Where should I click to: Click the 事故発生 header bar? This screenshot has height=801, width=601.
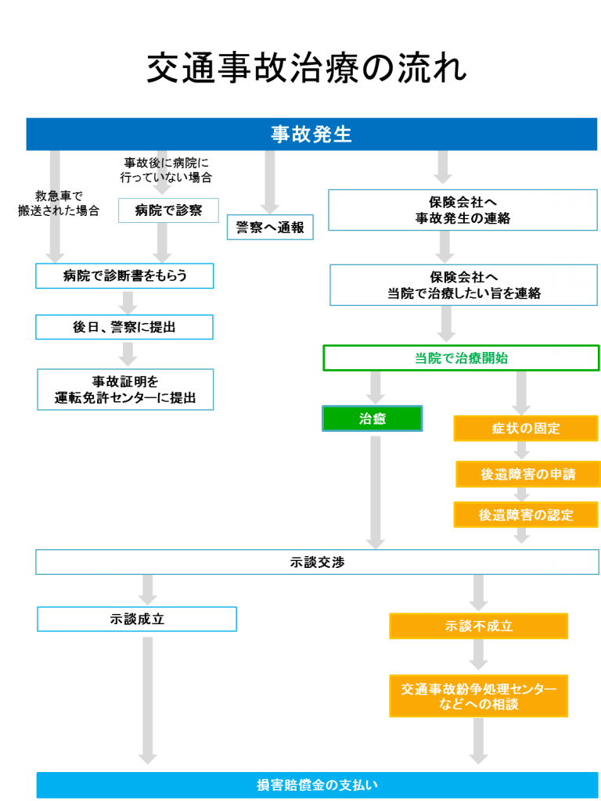pos(311,134)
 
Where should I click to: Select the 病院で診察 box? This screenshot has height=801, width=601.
pos(168,210)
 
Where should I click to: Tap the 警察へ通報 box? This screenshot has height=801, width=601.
pos(270,227)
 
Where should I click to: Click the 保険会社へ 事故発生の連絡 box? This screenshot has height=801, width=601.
pos(462,210)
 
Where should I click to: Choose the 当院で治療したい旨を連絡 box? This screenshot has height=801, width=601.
pos(463,285)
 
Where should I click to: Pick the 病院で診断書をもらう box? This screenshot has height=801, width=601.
pos(124,275)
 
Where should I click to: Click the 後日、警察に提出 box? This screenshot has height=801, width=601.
pos(124,327)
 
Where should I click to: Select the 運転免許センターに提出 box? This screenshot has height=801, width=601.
pos(125,390)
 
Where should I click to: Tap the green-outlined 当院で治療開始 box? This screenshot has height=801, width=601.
pos(461,358)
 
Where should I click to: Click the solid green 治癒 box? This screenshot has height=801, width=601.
pos(372,418)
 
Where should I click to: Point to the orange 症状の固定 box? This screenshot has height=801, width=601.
pos(525,429)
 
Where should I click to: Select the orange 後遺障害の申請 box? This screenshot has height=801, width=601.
pos(527,474)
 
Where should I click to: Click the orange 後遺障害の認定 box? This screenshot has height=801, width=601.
pos(525,515)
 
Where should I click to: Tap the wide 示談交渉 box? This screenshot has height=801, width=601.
pos(317,562)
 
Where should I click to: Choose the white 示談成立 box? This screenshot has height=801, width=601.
pos(137,619)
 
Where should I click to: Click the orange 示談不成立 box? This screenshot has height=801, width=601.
pos(479,626)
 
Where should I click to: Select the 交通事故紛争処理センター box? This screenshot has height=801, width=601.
pos(479,696)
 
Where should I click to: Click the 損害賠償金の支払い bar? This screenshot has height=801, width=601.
pos(317,785)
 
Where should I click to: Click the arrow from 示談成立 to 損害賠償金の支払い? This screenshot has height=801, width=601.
pos(148,700)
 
